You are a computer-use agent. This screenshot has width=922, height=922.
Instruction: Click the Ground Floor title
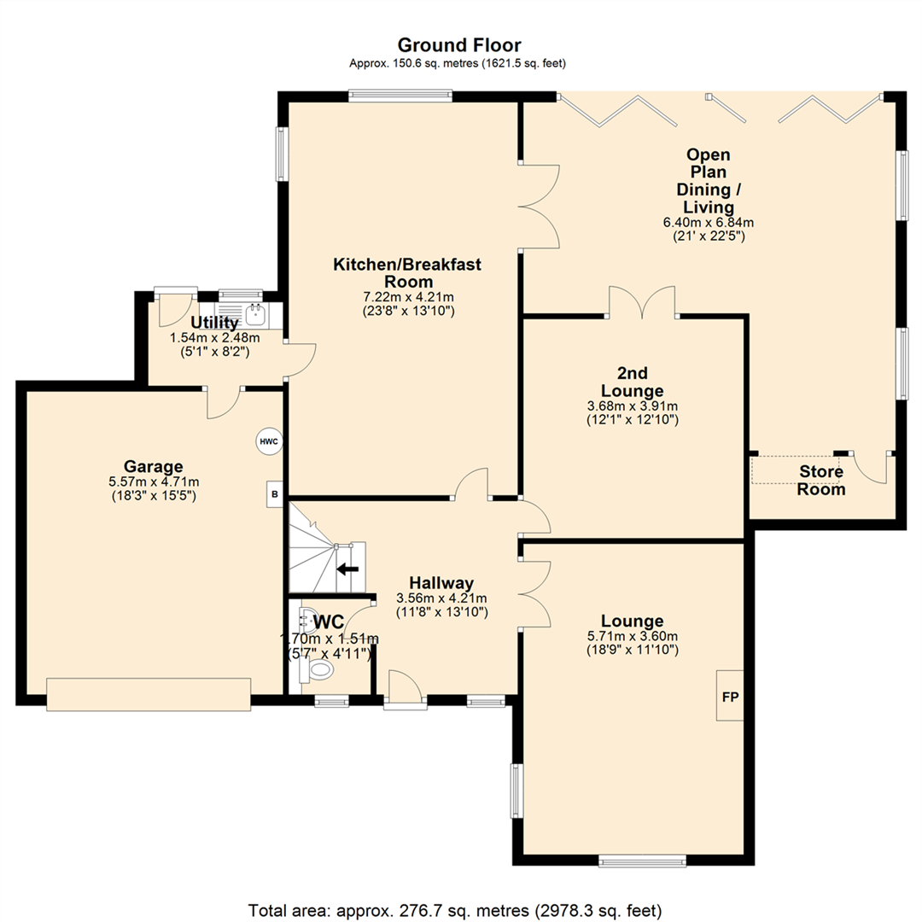[459, 44]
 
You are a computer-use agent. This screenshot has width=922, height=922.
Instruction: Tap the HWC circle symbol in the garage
[268, 441]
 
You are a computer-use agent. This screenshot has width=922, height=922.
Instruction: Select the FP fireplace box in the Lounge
[730, 697]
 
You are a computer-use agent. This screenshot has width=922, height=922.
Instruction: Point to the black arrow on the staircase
[347, 569]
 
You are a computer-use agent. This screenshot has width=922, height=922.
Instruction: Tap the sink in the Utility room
[255, 315]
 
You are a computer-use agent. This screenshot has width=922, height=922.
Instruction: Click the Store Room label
[821, 481]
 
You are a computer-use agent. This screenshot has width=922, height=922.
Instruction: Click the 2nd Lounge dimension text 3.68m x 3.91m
[632, 406]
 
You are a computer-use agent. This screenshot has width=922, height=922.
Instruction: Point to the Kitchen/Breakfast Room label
[406, 273]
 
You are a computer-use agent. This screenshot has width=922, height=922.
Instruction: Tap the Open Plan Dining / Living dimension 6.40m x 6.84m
[708, 223]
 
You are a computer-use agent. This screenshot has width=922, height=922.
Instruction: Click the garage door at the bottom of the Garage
[149, 694]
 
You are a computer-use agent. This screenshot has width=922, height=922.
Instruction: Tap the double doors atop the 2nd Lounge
[642, 303]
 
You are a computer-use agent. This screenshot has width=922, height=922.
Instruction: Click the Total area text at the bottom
[455, 910]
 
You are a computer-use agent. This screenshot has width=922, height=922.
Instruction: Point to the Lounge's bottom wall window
[642, 861]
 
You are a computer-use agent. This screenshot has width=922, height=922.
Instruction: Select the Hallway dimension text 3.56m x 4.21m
[441, 598]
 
